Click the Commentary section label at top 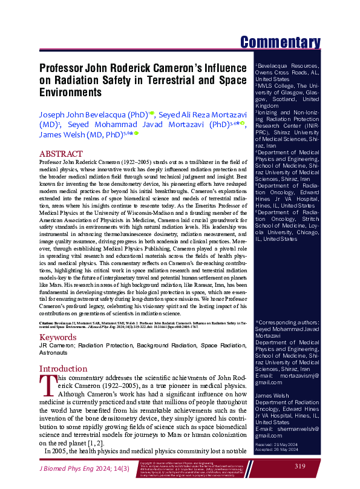(280, 42)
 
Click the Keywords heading (58, 336)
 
